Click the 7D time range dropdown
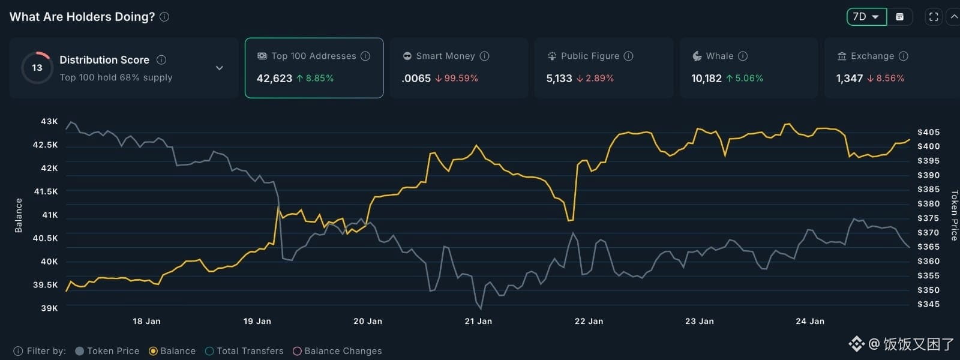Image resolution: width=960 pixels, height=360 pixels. [x=866, y=17]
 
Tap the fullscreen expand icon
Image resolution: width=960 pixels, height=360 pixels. [x=934, y=17]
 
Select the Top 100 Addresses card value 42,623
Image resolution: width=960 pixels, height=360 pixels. [x=274, y=78]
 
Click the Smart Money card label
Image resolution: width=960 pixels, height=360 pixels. [x=445, y=56]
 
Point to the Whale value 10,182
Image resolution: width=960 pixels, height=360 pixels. [x=706, y=78]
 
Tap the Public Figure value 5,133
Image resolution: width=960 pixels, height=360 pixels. [x=559, y=78]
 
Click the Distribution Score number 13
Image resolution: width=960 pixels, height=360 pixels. [x=37, y=68]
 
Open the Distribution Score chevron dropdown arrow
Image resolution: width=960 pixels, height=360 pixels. [x=220, y=68]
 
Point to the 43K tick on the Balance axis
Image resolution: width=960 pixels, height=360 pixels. [x=49, y=121]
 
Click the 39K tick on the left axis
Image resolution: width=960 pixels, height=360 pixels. [x=49, y=308]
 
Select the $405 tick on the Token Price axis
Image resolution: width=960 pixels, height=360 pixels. [x=928, y=132]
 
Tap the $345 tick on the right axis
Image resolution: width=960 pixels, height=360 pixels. [x=928, y=304]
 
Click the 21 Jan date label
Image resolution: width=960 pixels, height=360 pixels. [x=478, y=321]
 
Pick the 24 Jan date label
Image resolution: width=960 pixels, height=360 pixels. [x=810, y=321]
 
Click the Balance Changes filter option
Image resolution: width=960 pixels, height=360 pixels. [x=343, y=351]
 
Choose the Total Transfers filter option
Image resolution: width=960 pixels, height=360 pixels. [x=250, y=351]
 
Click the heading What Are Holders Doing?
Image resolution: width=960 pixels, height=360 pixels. [x=82, y=17]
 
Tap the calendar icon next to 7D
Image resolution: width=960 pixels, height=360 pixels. [x=899, y=17]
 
